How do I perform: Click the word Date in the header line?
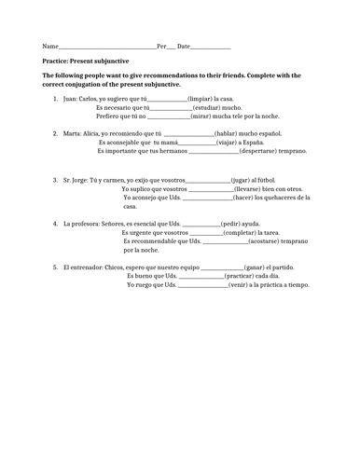click(x=183, y=46)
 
